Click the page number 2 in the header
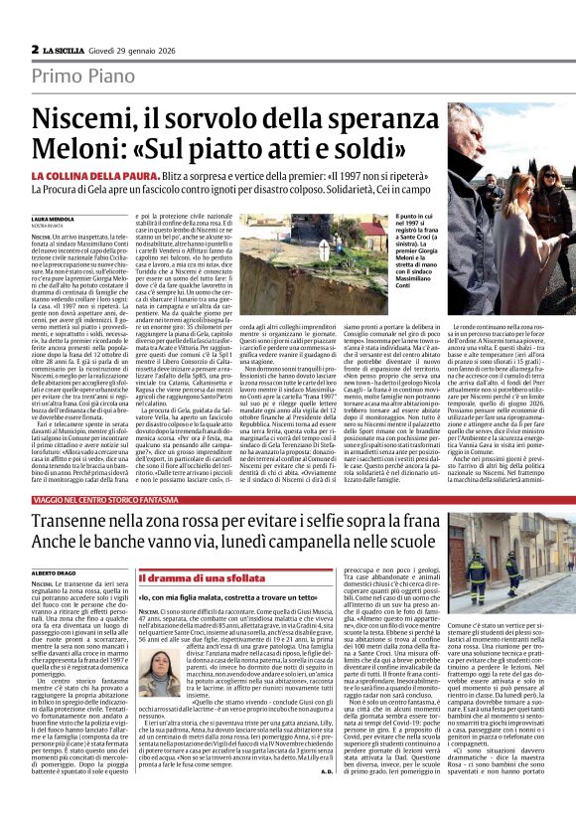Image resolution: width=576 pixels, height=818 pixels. (x=34, y=49)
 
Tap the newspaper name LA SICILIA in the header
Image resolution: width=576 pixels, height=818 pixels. (x=71, y=49)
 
